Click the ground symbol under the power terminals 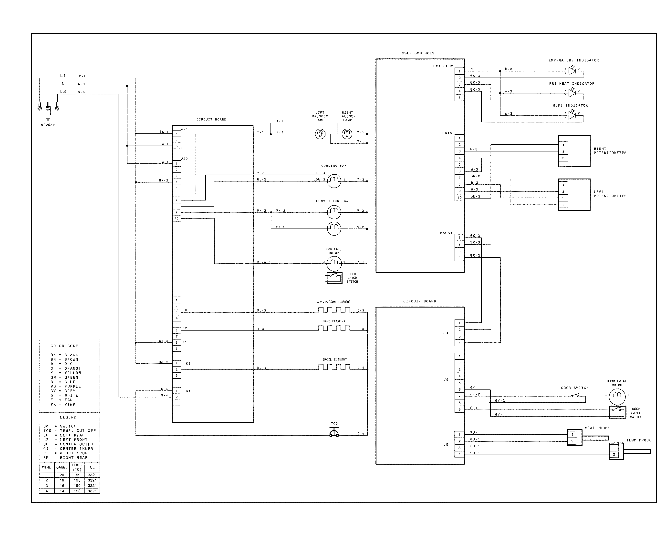pos(48,118)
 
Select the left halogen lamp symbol pos(320,134)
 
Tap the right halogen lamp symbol pos(347,134)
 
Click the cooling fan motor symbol pos(334,181)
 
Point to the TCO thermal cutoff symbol pos(334,433)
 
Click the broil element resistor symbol pos(334,367)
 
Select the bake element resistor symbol pos(334,328)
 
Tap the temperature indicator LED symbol pos(572,71)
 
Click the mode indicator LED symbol pos(572,115)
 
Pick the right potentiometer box pos(574,151)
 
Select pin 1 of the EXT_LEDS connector pos(459,71)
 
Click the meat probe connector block pos(574,438)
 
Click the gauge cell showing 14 pos(62,491)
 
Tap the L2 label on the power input pos(63,92)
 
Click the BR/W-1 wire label pos(264,262)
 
